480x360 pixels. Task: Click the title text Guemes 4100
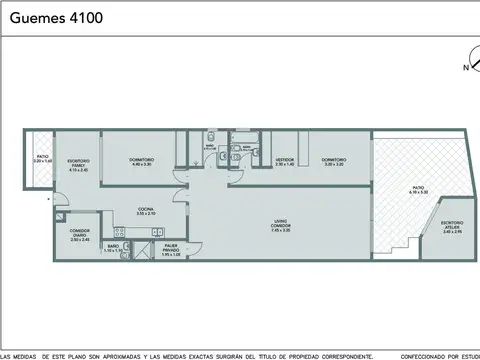(x=54, y=17)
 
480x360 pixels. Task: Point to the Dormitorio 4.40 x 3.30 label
(x=141, y=162)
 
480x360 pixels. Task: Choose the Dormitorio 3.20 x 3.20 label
(x=333, y=162)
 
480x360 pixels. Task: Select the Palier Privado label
(x=171, y=250)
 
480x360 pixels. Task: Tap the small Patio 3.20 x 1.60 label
(x=42, y=158)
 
